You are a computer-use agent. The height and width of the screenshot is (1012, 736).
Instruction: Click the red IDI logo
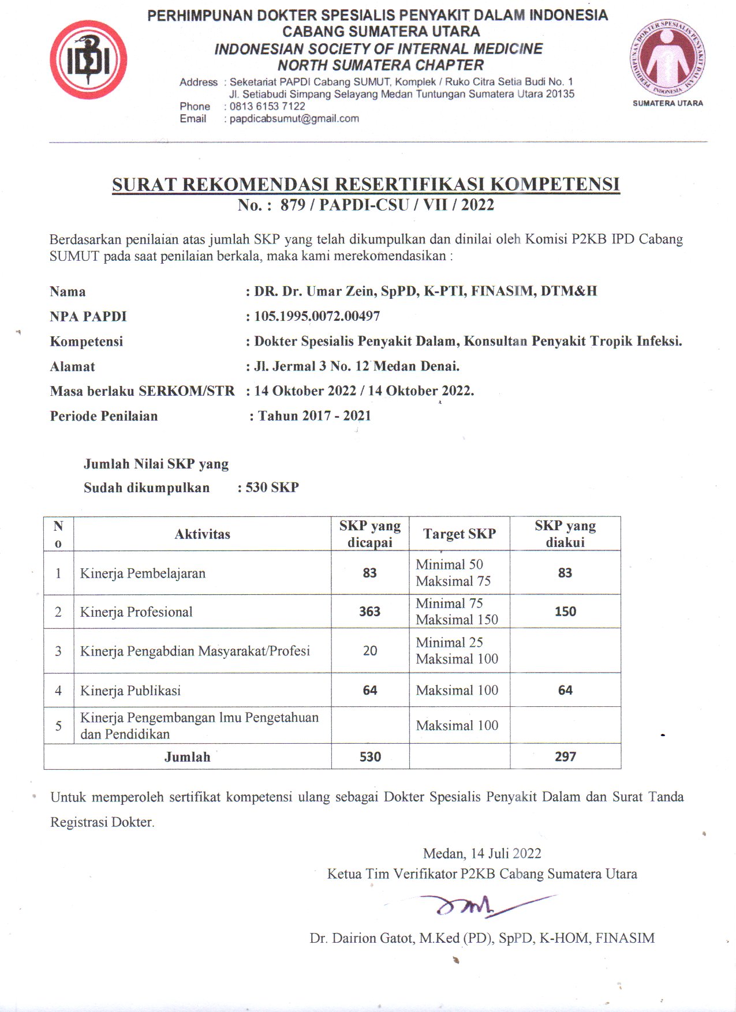click(x=88, y=60)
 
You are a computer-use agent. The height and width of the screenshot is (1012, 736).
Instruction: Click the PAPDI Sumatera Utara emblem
click(x=667, y=58)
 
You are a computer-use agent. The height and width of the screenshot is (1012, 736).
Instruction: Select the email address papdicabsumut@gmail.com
click(x=294, y=119)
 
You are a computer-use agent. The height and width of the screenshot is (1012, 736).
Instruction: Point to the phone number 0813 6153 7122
click(x=267, y=106)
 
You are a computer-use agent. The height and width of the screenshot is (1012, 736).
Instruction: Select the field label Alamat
click(x=72, y=366)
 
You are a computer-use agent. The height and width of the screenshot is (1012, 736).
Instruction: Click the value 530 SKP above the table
click(x=272, y=488)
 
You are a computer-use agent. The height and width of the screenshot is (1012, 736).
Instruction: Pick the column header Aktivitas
click(x=202, y=534)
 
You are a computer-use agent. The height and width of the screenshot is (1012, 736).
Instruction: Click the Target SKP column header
click(x=459, y=534)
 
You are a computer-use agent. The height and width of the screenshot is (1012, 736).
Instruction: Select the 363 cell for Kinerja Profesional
click(x=369, y=612)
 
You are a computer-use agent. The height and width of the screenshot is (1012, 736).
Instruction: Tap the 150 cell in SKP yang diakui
click(x=565, y=612)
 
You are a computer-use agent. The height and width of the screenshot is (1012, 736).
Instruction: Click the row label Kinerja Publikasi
click(x=130, y=691)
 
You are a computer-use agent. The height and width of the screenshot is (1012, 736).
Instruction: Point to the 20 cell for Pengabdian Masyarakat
click(x=369, y=651)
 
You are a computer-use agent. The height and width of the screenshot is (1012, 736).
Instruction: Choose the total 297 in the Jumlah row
click(x=565, y=756)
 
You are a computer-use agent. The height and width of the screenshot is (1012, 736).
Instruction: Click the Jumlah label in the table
click(x=187, y=757)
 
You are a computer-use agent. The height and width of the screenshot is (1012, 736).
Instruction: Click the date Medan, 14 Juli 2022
click(x=482, y=853)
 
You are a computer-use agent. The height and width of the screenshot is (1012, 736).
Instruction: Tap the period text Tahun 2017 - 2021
click(x=314, y=416)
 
